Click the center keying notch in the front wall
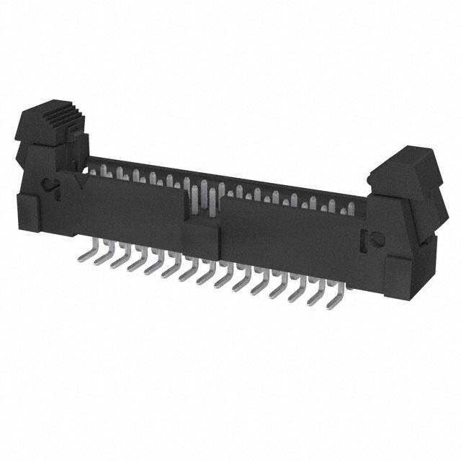tap(201, 202)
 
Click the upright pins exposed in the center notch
tap(201, 198)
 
